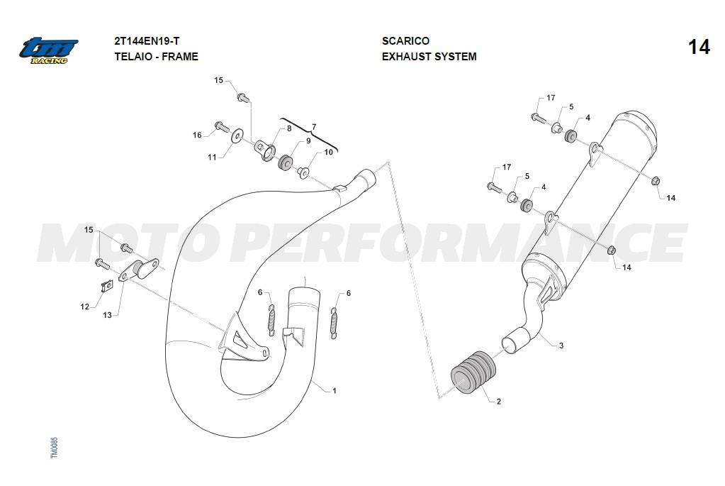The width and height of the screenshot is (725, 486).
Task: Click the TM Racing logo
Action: (49, 50)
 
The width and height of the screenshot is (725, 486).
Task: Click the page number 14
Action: (699, 48)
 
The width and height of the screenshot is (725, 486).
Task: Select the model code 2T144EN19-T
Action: (147, 40)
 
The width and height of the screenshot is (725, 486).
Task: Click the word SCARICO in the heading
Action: (405, 40)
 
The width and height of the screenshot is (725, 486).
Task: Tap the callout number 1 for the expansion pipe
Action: (335, 391)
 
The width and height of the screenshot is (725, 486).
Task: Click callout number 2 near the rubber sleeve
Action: (498, 402)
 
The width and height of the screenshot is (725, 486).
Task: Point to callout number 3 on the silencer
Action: (561, 346)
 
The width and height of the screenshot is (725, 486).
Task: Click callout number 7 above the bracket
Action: (314, 127)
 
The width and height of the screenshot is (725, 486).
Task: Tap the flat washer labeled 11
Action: (237, 136)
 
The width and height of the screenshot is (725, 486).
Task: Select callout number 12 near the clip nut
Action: (84, 306)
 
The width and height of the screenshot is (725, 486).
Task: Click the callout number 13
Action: (107, 315)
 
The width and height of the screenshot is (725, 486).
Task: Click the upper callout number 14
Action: (670, 198)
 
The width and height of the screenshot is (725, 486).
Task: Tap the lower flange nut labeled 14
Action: (611, 251)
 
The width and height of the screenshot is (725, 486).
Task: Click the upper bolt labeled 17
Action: (538, 118)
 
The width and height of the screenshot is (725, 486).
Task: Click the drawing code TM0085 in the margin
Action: (55, 448)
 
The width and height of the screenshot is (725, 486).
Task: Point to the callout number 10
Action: (328, 152)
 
